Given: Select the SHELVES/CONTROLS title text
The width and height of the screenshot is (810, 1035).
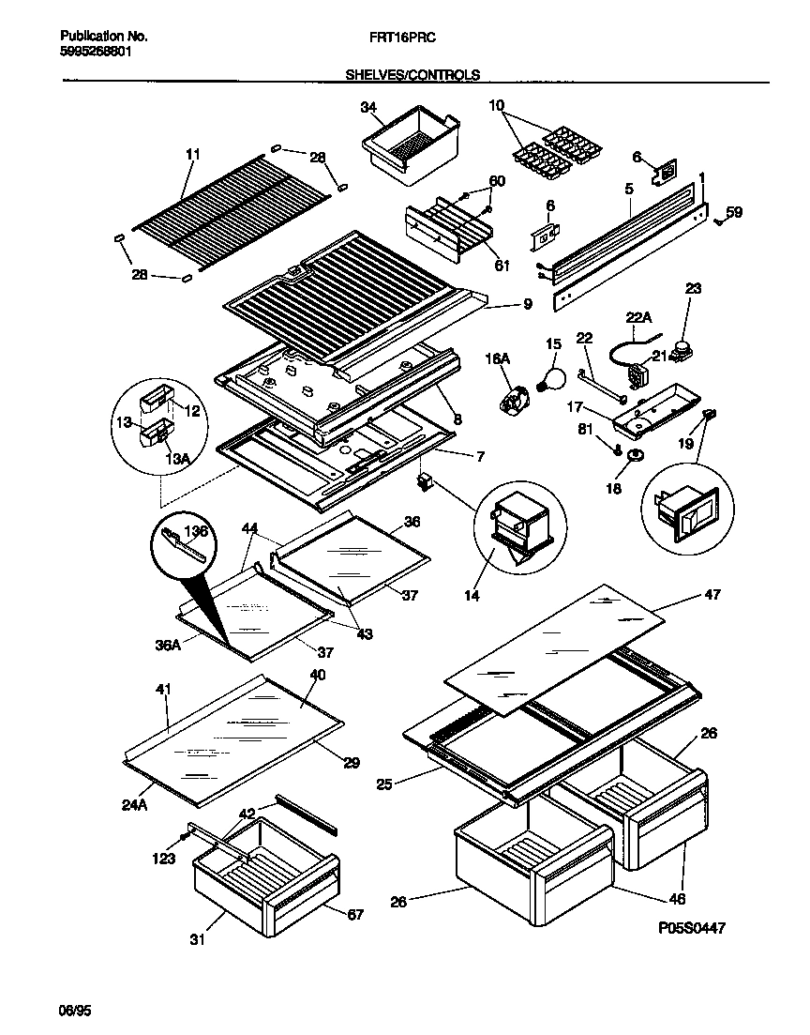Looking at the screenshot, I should point(412,74).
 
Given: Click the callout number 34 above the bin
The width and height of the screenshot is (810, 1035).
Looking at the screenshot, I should point(368,109).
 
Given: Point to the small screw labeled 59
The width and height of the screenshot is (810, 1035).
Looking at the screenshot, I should point(718,221).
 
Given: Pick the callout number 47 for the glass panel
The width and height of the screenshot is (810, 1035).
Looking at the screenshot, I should point(712,596).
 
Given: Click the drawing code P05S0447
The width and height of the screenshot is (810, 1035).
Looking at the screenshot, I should point(691,927).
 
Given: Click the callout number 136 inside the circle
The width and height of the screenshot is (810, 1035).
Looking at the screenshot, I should point(197,532).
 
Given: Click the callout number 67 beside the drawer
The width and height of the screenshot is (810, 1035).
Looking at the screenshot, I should point(354,915).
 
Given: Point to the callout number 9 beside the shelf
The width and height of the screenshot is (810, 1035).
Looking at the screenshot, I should point(527,304).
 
